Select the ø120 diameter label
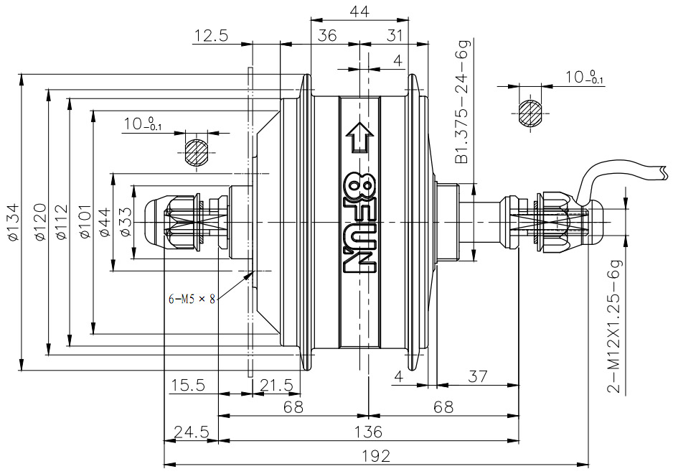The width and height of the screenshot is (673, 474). click(x=40, y=221)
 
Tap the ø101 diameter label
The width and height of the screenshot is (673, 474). click(x=85, y=221)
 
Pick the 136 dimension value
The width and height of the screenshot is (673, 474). click(x=368, y=432)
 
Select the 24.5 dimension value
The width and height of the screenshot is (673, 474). click(x=191, y=431)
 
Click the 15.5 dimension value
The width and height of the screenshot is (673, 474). click(x=188, y=385)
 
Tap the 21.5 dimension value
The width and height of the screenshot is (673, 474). click(x=277, y=385)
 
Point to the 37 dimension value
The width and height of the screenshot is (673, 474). click(x=477, y=376)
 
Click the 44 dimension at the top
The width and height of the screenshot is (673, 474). click(x=359, y=11)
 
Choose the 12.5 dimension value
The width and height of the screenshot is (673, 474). click(x=211, y=35)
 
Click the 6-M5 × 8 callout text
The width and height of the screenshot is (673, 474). click(x=192, y=299)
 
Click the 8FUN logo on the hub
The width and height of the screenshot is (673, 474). click(x=359, y=223)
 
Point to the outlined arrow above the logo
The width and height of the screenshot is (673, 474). click(x=359, y=138)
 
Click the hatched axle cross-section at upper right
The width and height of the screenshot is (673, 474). click(x=530, y=113)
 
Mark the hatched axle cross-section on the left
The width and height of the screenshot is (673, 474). click(x=197, y=152)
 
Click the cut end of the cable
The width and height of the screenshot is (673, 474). click(x=664, y=173)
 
